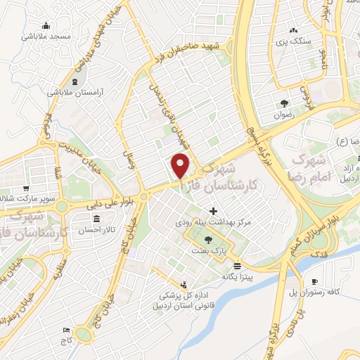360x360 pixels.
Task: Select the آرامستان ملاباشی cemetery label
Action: pyautogui.click(x=77, y=92)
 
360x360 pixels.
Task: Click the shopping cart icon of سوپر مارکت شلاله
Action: pyautogui.click(x=26, y=189)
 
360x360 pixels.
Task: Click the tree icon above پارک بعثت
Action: pyautogui.click(x=207, y=239)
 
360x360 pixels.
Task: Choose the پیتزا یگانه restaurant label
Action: pyautogui.click(x=237, y=276)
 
